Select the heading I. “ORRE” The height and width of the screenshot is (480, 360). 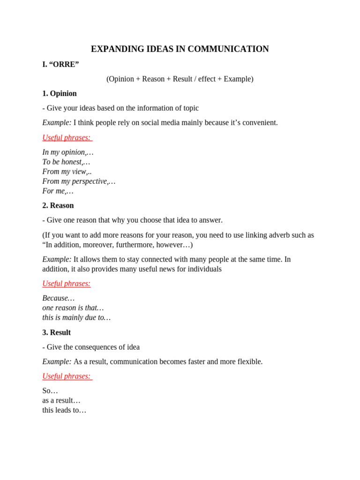(x=60, y=64)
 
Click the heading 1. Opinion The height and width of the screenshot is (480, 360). (x=60, y=93)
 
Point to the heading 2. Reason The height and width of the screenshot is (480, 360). (x=58, y=205)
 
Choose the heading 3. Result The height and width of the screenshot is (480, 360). (x=57, y=332)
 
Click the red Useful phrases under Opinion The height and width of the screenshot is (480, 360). (x=67, y=137)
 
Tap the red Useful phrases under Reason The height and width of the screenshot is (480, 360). (x=67, y=284)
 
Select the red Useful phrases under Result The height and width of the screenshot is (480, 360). (x=67, y=376)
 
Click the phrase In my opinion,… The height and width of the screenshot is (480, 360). (x=68, y=152)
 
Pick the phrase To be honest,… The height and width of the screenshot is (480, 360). (x=66, y=162)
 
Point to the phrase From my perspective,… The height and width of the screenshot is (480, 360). (x=79, y=181)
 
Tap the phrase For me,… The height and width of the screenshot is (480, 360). (x=58, y=191)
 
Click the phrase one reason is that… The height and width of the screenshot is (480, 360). (x=73, y=308)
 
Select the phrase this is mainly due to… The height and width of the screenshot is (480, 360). (x=76, y=317)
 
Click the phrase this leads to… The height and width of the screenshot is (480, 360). (x=64, y=410)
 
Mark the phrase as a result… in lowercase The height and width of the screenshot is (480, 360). (x=61, y=400)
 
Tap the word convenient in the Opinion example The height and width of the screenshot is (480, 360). (x=258, y=122)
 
